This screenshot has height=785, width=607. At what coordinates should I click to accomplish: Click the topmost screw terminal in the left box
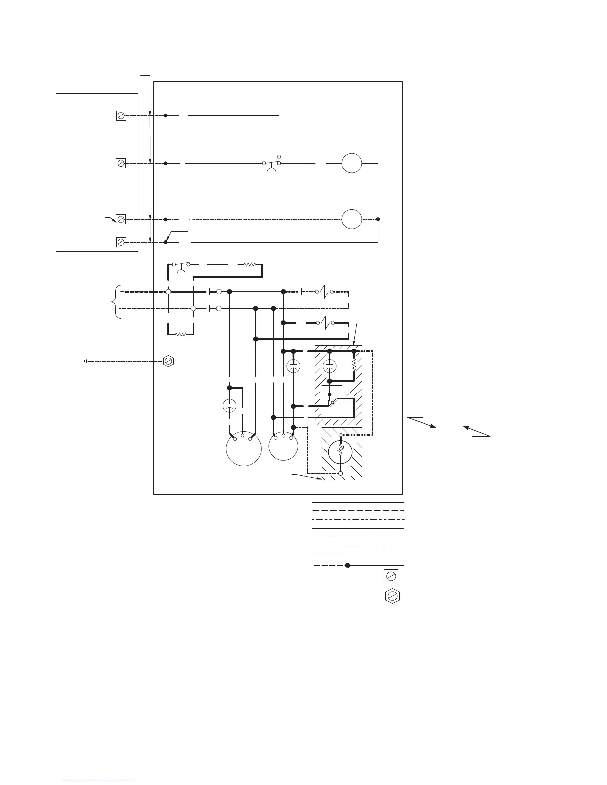click(x=121, y=116)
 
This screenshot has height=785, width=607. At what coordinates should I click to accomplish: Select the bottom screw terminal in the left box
click(x=121, y=242)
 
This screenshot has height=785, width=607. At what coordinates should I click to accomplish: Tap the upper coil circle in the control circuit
click(x=352, y=163)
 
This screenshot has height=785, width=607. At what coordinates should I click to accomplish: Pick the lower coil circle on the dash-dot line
click(x=352, y=219)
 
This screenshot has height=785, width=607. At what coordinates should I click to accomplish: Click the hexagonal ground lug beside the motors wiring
click(x=169, y=361)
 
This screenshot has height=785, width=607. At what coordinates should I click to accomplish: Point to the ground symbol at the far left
click(x=87, y=361)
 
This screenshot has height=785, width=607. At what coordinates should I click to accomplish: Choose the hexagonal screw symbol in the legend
click(x=392, y=596)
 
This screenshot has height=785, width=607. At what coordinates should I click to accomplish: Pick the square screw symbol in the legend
click(x=391, y=576)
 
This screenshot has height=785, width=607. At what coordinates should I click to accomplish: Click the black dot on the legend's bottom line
click(x=348, y=565)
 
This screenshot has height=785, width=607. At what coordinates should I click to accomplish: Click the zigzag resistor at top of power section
click(x=250, y=265)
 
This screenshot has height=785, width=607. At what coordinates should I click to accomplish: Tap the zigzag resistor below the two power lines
click(x=181, y=334)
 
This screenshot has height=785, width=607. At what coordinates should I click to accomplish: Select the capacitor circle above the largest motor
click(x=229, y=405)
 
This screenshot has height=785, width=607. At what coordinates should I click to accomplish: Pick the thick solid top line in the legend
click(x=358, y=502)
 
